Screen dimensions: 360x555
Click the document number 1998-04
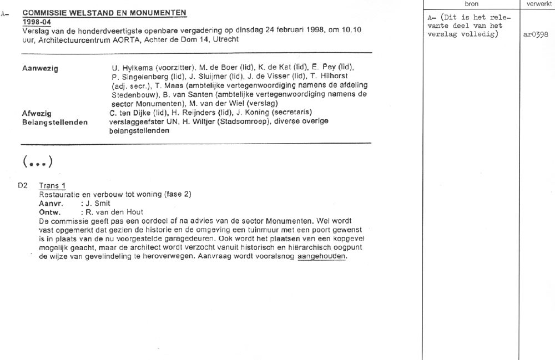[x=36, y=21]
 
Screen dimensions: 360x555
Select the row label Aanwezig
[x=39, y=68]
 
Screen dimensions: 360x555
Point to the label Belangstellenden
[x=54, y=122]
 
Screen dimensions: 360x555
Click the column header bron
[x=470, y=4]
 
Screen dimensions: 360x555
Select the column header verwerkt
[x=537, y=4]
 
